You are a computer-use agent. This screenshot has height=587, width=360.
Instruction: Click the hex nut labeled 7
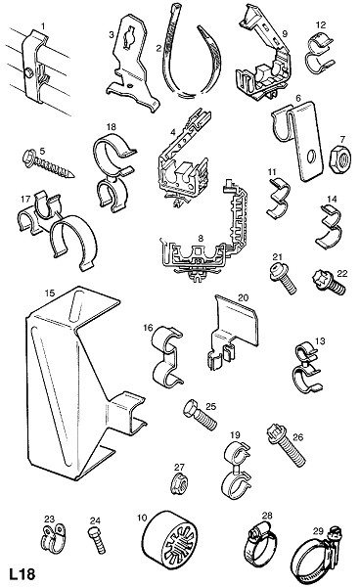click(x=339, y=158)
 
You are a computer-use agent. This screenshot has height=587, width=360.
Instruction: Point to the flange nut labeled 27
click(x=179, y=485)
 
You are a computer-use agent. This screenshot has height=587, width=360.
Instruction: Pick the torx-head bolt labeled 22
click(x=329, y=283)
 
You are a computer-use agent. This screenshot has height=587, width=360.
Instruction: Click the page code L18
click(x=22, y=574)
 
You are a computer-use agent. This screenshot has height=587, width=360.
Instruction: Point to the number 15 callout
click(x=49, y=293)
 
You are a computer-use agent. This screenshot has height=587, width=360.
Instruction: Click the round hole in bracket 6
click(x=311, y=157)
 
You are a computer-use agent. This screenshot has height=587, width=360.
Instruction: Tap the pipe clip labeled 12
click(x=320, y=52)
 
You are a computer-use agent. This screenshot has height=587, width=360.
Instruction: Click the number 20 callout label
click(x=244, y=297)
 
